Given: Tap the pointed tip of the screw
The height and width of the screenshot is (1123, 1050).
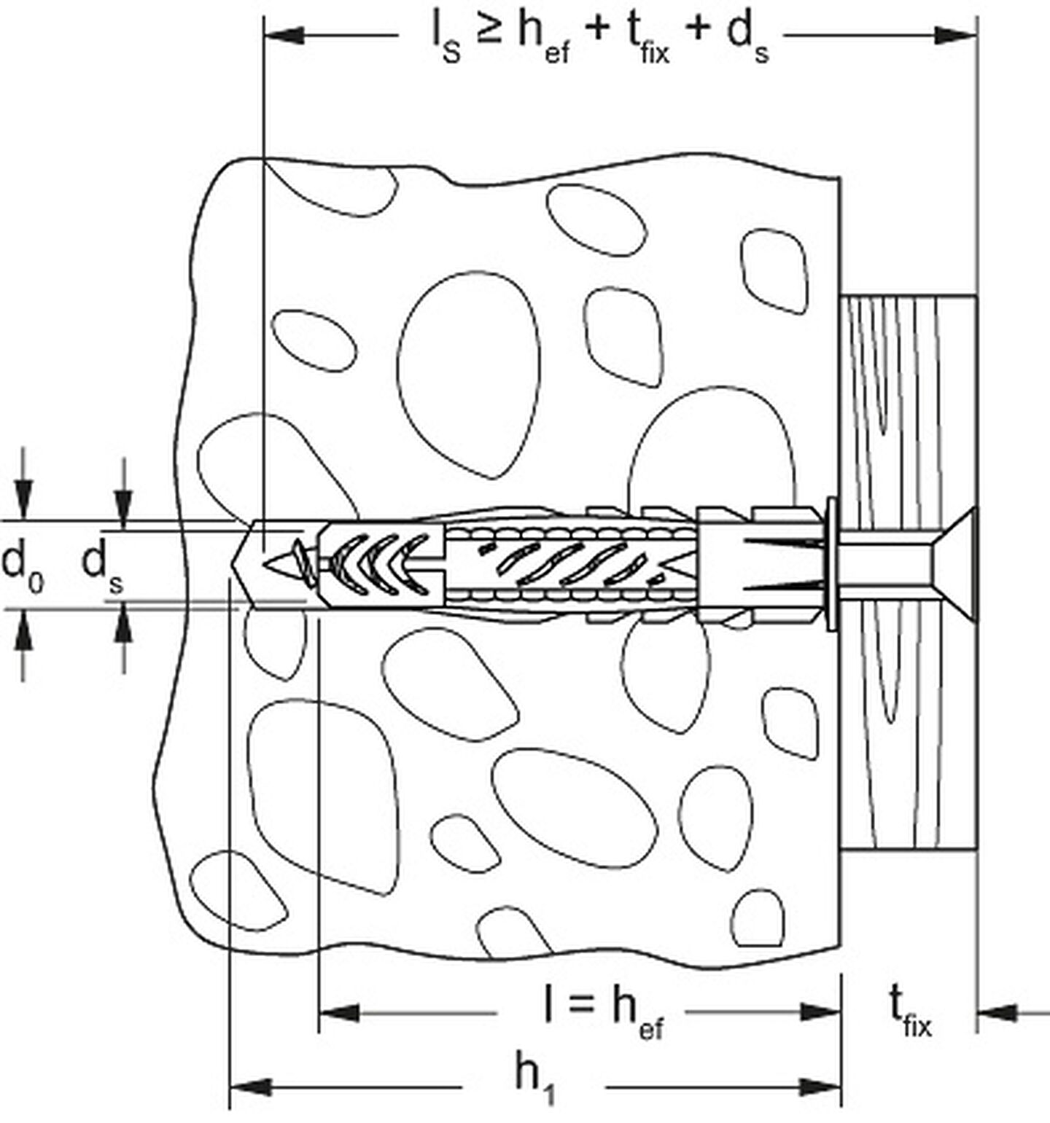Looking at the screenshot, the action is (269, 563).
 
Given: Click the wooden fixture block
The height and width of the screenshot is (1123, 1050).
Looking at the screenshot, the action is (909, 572).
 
